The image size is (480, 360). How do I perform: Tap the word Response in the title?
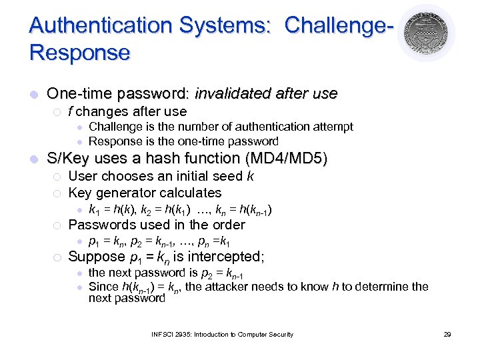click(79, 53)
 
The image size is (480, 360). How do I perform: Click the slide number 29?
click(447, 335)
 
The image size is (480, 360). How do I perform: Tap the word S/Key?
click(66, 159)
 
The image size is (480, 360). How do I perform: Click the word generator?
click(123, 193)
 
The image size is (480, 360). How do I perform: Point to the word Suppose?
click(97, 257)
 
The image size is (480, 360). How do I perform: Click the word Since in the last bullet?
click(103, 287)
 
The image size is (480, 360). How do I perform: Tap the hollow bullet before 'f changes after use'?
click(57, 111)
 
